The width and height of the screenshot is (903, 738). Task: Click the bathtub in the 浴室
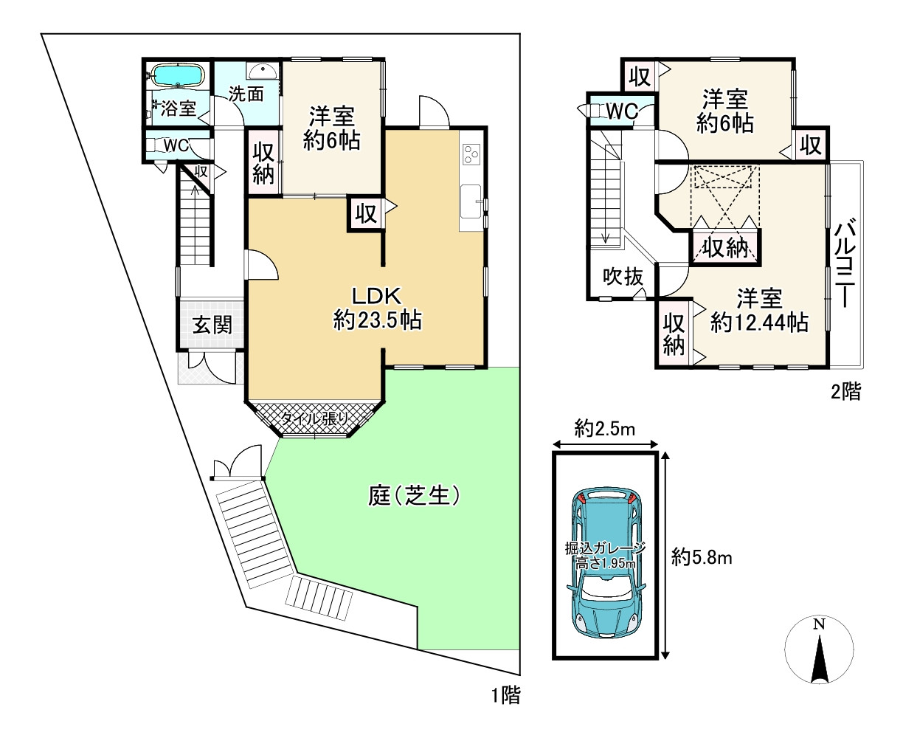point(176,75)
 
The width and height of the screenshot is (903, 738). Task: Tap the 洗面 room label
point(246,94)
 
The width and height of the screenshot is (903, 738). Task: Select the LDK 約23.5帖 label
point(376,308)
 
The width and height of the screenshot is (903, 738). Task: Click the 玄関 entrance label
point(212,325)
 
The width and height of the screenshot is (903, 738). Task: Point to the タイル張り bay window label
point(314,418)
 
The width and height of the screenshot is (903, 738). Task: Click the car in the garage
point(606,560)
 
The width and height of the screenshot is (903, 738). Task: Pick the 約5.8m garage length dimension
point(702,557)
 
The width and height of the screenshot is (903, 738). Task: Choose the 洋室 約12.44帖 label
point(759,311)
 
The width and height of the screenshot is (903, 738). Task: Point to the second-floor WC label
point(622,111)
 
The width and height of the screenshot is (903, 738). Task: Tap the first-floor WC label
point(176,145)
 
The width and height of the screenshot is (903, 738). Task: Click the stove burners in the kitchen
point(471,154)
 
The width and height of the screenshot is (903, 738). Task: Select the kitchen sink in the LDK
point(470,201)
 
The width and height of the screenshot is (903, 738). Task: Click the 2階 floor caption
point(845,391)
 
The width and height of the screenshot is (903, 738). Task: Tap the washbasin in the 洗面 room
point(262,71)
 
